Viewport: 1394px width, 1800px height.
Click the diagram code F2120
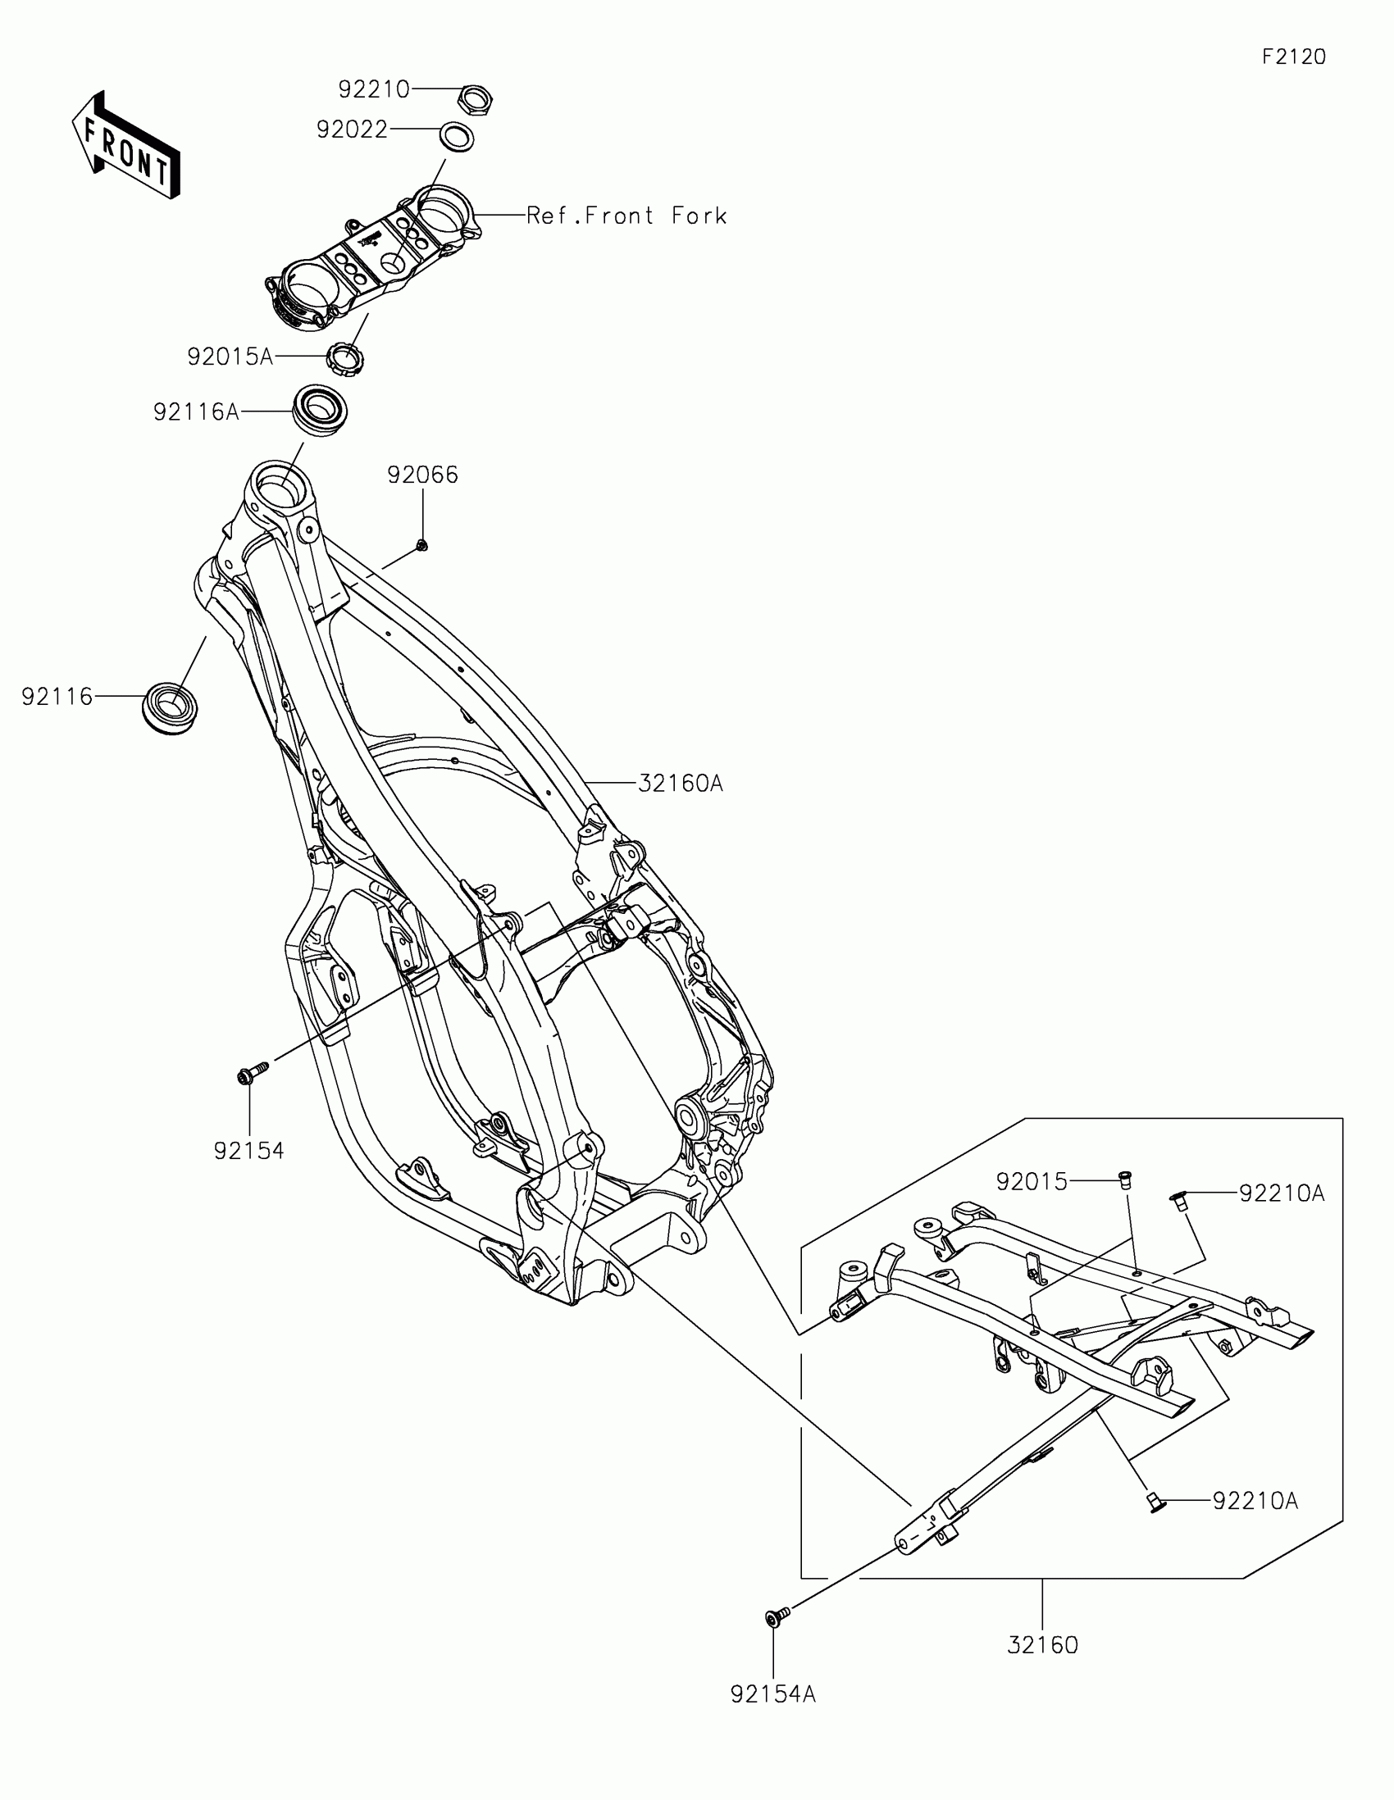pyautogui.click(x=1293, y=57)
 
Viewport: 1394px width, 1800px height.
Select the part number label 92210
pyautogui.click(x=373, y=89)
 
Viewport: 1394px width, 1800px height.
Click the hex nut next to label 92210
pyautogui.click(x=474, y=100)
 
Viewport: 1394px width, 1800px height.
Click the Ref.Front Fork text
pyautogui.click(x=626, y=216)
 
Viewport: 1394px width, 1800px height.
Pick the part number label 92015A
pyautogui.click(x=230, y=357)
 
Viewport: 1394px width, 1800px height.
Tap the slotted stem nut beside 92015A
pyautogui.click(x=346, y=358)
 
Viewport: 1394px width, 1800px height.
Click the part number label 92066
pyautogui.click(x=423, y=475)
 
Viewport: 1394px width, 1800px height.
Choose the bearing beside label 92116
pyautogui.click(x=171, y=706)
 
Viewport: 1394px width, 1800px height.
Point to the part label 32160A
pyautogui.click(x=680, y=783)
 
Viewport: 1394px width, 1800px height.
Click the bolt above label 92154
pyautogui.click(x=254, y=1072)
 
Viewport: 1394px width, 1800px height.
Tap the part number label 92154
pyautogui.click(x=249, y=1151)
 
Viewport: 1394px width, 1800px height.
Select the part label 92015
pyautogui.click(x=1032, y=1182)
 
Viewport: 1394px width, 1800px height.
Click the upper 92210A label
pyautogui.click(x=1282, y=1193)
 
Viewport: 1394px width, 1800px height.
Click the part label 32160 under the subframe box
pyautogui.click(x=1042, y=1644)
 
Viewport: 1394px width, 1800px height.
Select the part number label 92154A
pyautogui.click(x=772, y=1693)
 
